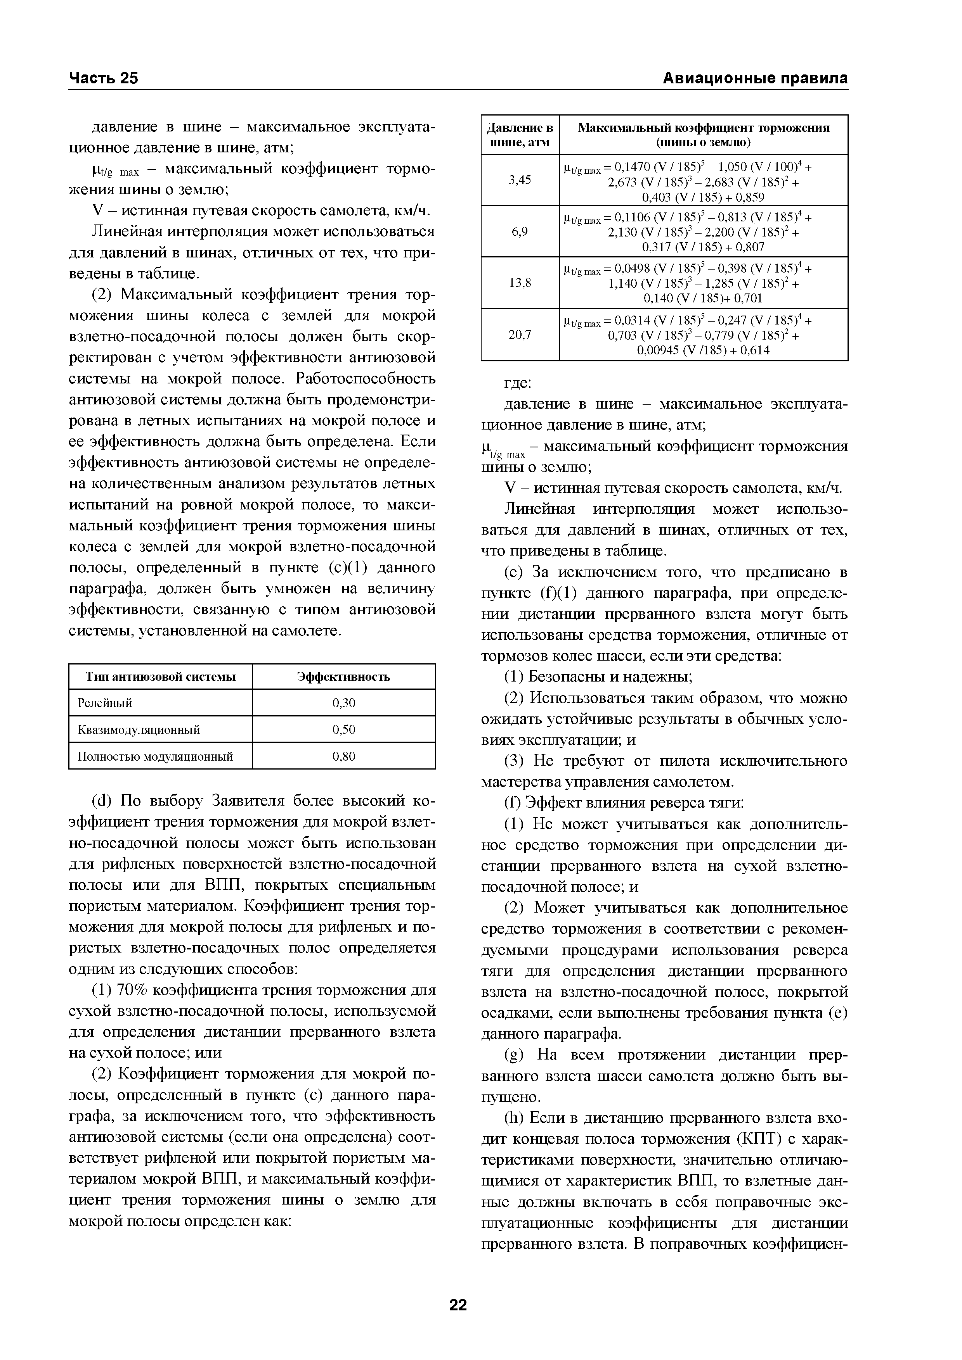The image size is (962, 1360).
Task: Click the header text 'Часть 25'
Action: (103, 78)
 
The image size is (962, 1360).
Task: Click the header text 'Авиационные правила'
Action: (754, 78)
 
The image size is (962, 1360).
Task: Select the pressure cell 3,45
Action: (520, 180)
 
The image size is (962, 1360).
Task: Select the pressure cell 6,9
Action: (520, 231)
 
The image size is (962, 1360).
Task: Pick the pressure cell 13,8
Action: (520, 283)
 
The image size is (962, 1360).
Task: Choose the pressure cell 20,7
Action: (520, 335)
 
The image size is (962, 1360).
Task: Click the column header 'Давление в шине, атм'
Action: (520, 135)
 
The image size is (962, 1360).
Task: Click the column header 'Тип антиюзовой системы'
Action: (161, 677)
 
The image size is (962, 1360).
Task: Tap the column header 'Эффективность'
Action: (344, 677)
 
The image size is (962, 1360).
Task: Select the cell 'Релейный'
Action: (105, 703)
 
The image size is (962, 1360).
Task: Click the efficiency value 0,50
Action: (344, 730)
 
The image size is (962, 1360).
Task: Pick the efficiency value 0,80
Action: (344, 756)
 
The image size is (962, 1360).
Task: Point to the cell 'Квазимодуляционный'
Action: (139, 730)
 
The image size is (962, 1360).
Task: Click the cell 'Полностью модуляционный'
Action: (155, 756)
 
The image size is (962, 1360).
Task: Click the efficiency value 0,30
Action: (344, 703)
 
